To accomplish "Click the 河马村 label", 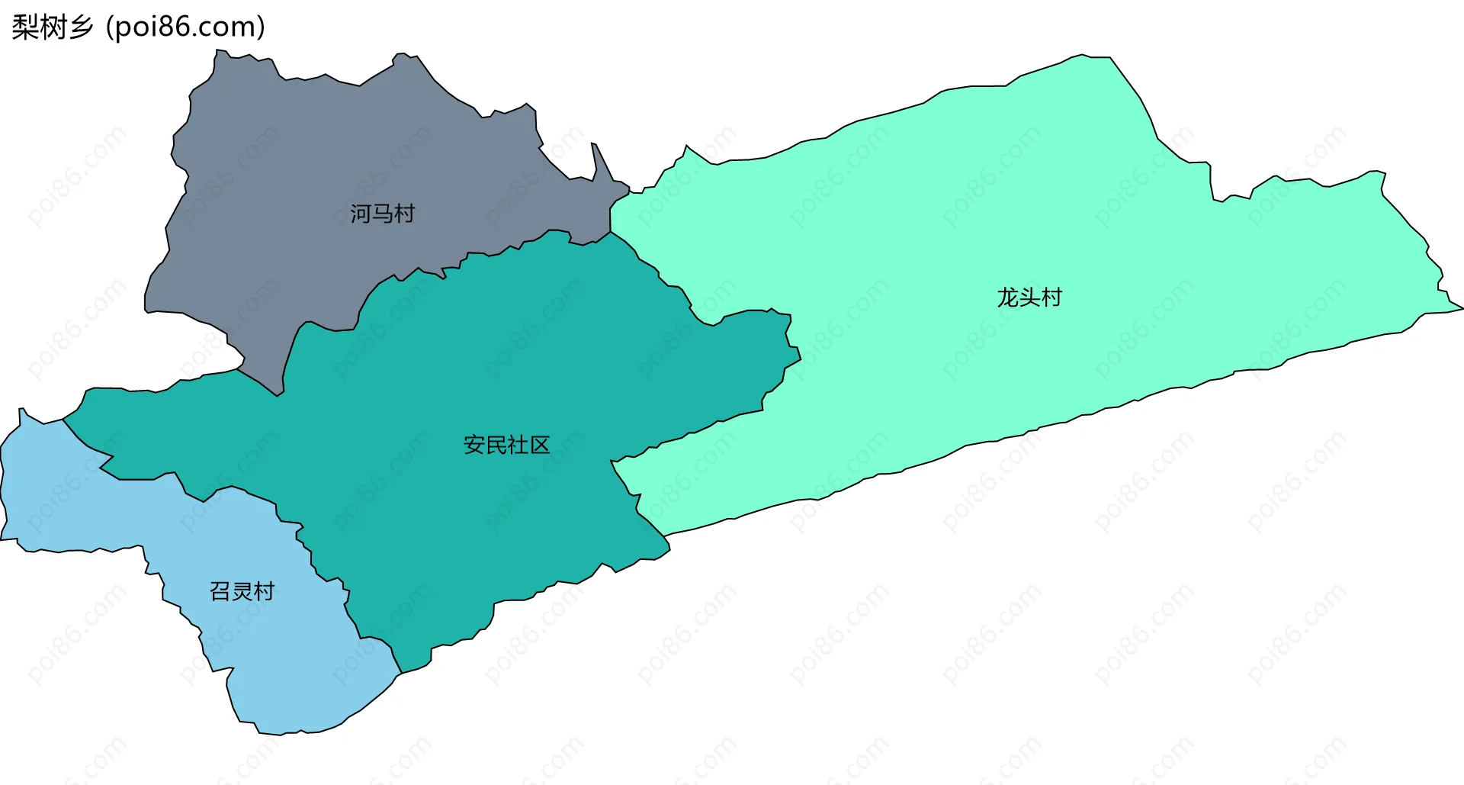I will (382, 214).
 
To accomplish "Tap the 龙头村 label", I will (1029, 297).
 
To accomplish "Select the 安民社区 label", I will (506, 445).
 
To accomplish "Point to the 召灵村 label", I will (242, 591).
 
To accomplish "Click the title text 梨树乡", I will (52, 27).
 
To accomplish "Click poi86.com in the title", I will (185, 27).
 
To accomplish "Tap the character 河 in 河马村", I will (361, 214).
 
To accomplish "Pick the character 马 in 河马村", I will (382, 214).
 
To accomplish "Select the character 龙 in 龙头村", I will (1008, 297).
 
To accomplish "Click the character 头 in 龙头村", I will (1029, 297).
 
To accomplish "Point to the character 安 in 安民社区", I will (474, 445).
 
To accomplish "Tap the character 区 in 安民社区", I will (539, 445).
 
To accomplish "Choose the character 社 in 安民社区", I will (518, 445).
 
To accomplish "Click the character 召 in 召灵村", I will (220, 591).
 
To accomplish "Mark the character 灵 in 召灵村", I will (242, 591).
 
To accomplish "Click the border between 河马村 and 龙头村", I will (611, 217).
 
